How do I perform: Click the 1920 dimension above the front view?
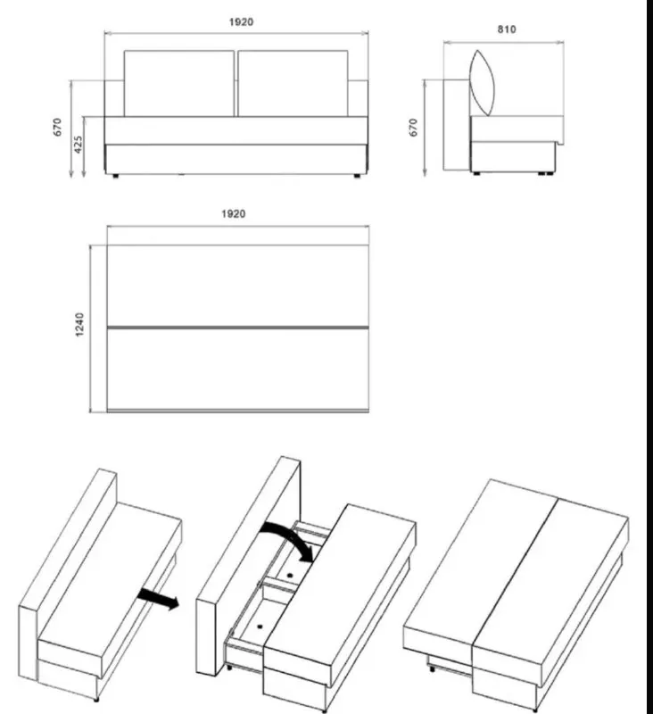coord(241,21)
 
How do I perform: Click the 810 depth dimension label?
coord(507,29)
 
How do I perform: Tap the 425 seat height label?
coord(79,145)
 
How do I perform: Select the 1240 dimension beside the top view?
coord(79,324)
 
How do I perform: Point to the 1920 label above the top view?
coord(234,213)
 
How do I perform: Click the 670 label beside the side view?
coord(413,127)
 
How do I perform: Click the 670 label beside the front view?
coord(57,127)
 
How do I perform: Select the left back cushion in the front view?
coord(179,83)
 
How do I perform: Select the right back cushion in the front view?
coord(293,83)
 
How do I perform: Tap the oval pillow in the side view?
coord(482,82)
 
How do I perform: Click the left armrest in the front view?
coord(114,98)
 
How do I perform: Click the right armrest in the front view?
coord(358,98)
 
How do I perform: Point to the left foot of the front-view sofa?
coord(116,175)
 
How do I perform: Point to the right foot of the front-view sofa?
coord(357,175)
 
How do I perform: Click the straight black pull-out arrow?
coord(158,598)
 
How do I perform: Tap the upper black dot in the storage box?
coord(290,575)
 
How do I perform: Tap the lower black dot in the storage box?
coord(260,627)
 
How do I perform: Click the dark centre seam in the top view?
coord(237,328)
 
